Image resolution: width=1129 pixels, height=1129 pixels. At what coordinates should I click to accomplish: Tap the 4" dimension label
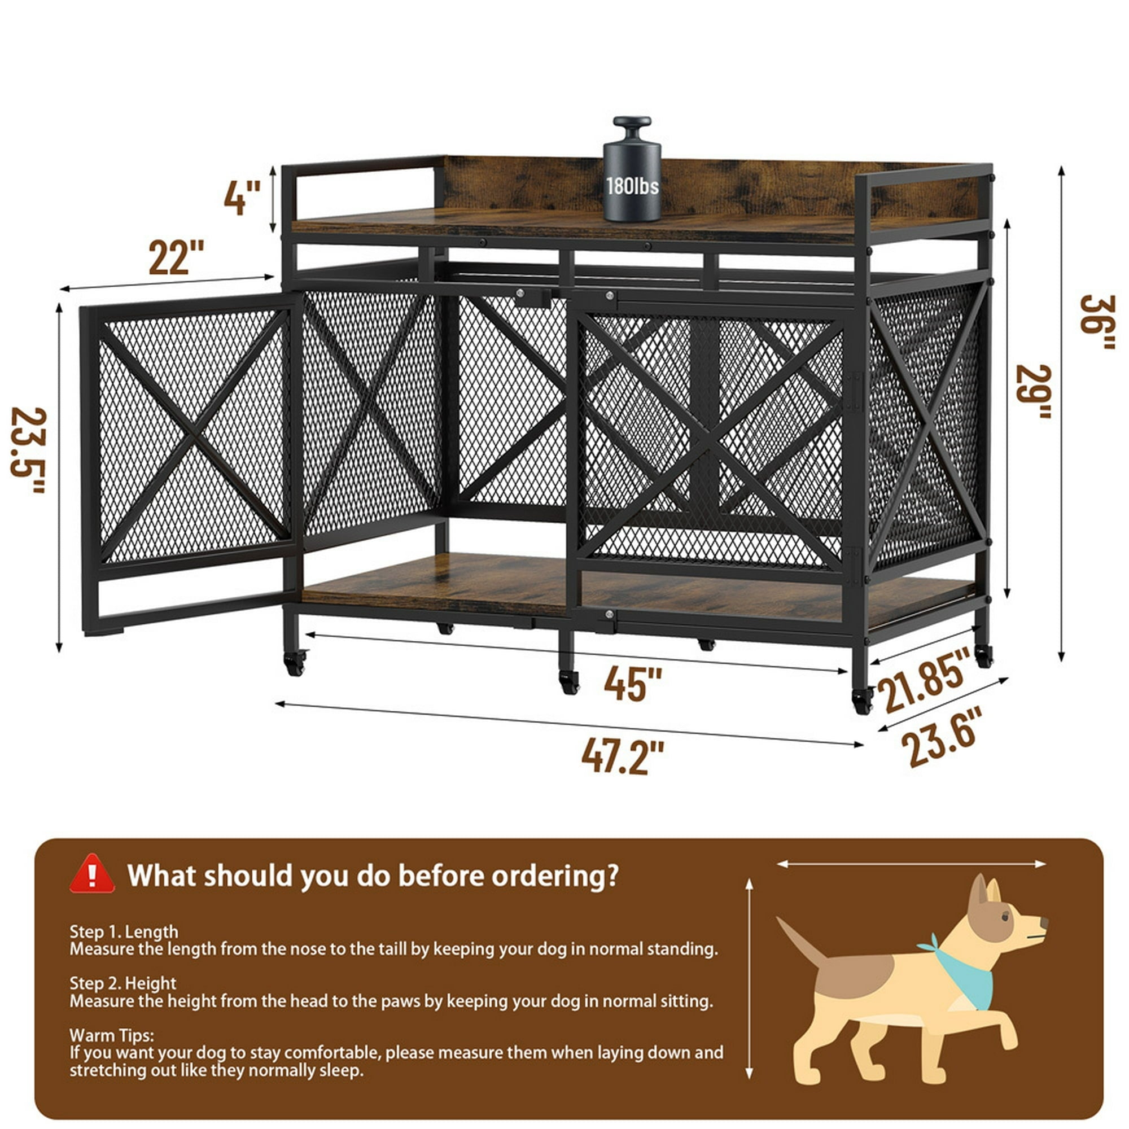point(243,198)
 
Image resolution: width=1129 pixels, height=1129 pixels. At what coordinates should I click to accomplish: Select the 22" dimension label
point(177,256)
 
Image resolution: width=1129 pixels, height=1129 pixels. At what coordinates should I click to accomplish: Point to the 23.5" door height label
point(29,450)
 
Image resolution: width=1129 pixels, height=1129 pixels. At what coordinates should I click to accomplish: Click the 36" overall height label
point(1097,322)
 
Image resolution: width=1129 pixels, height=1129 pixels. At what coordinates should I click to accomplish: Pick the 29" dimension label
point(1034,392)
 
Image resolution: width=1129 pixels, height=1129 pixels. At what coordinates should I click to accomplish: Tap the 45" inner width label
point(633,683)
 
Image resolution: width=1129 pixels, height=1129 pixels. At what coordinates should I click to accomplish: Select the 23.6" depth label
point(942,737)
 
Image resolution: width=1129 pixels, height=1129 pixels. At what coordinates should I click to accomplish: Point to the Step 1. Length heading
point(124,931)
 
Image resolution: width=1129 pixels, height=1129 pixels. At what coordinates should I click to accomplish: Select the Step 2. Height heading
point(122,983)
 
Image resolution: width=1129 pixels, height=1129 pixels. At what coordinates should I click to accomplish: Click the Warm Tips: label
point(112,1035)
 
